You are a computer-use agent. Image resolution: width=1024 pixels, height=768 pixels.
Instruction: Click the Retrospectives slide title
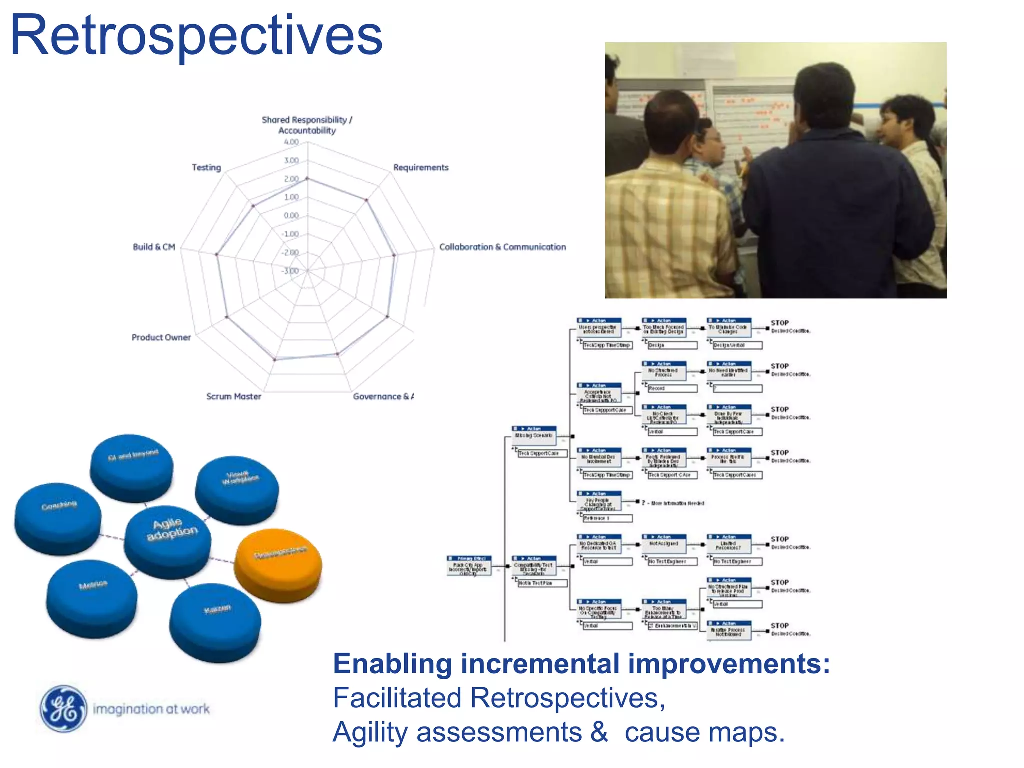pos(196,36)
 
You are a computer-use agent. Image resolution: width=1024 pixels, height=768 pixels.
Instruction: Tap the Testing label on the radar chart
pos(206,167)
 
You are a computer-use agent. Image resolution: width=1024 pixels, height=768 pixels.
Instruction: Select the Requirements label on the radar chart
pos(420,167)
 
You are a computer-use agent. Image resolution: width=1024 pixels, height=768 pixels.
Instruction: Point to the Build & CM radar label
pos(154,247)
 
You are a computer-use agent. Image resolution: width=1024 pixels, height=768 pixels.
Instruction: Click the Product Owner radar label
pos(161,337)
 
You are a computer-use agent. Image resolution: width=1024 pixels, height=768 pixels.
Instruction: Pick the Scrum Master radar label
pos(233,396)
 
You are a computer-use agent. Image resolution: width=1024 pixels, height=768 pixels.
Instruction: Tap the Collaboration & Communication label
pos(502,247)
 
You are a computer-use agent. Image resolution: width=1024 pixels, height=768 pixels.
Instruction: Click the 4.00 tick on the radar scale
pos(291,142)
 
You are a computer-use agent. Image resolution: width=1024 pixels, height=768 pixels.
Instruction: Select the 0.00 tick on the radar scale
pos(291,216)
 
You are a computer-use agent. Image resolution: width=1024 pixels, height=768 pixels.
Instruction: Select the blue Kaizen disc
pos(215,620)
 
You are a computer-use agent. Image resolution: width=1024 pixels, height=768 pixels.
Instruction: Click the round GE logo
pos(63,708)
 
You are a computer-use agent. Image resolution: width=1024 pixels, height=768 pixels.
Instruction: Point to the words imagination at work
pos(151,709)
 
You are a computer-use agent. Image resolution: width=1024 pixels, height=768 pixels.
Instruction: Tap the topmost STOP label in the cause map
pos(779,323)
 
